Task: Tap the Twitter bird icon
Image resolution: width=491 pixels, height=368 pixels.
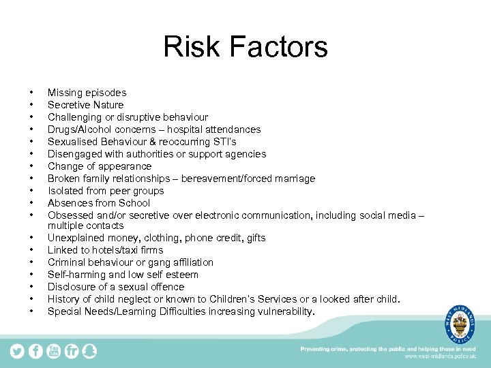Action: click(x=17, y=351)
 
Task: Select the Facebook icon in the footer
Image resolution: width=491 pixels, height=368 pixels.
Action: click(x=35, y=351)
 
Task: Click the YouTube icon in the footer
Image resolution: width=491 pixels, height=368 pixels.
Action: click(x=53, y=351)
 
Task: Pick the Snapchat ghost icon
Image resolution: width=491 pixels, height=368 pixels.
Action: click(x=89, y=351)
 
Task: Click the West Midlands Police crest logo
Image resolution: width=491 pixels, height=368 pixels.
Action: click(x=460, y=322)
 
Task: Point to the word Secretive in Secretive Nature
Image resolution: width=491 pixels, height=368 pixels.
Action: click(x=69, y=105)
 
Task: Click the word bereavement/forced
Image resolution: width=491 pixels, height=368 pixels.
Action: click(x=235, y=179)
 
